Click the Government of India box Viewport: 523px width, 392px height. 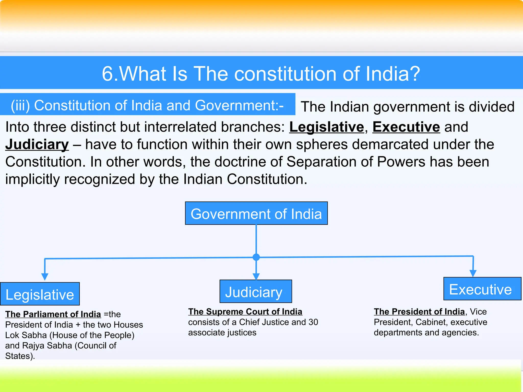coord(256,213)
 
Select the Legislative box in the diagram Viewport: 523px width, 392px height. coord(40,294)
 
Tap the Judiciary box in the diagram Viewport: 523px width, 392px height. coord(256,291)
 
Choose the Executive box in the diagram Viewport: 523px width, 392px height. coord(482,289)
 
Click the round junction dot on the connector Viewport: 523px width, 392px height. coord(256,257)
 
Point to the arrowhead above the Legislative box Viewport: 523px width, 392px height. coord(45,277)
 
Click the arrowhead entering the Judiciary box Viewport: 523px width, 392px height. coord(256,276)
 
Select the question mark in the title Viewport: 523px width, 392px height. coord(414,74)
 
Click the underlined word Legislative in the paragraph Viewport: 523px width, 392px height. coord(327,127)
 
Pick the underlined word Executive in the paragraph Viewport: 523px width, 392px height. coord(406,127)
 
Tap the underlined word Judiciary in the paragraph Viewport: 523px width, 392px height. coord(37,144)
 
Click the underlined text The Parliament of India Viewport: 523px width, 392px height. coord(53,314)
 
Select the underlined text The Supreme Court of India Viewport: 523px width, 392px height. coord(245,312)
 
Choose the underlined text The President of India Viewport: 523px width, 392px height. coord(419,312)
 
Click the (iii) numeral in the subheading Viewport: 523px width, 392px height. coord(20,105)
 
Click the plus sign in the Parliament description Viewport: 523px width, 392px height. coord(78,325)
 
